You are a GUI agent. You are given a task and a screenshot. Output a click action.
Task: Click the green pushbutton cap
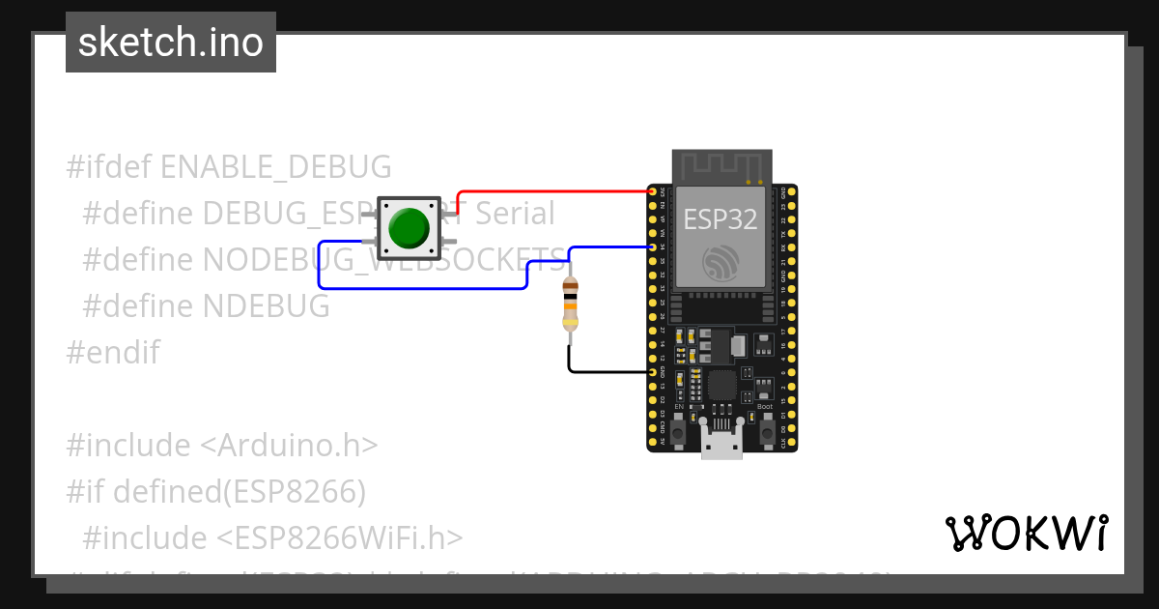coord(409,228)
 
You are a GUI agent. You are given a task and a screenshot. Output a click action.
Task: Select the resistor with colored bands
coord(571,304)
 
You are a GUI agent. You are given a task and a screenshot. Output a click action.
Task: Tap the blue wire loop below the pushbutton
coord(425,288)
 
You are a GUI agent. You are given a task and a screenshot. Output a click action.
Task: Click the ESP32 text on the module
coord(721,218)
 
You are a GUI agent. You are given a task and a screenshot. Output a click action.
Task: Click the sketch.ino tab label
coord(171,43)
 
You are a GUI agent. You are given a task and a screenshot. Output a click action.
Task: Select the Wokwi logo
coord(1026,533)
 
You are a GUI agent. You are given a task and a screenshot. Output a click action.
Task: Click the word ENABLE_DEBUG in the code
coord(276,166)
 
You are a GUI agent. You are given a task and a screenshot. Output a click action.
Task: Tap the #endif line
coord(113,352)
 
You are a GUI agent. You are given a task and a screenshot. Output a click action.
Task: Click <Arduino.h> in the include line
coord(289,445)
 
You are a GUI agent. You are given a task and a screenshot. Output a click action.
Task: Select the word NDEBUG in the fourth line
coord(267,305)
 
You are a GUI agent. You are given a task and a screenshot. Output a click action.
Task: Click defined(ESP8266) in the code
coord(240,491)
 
